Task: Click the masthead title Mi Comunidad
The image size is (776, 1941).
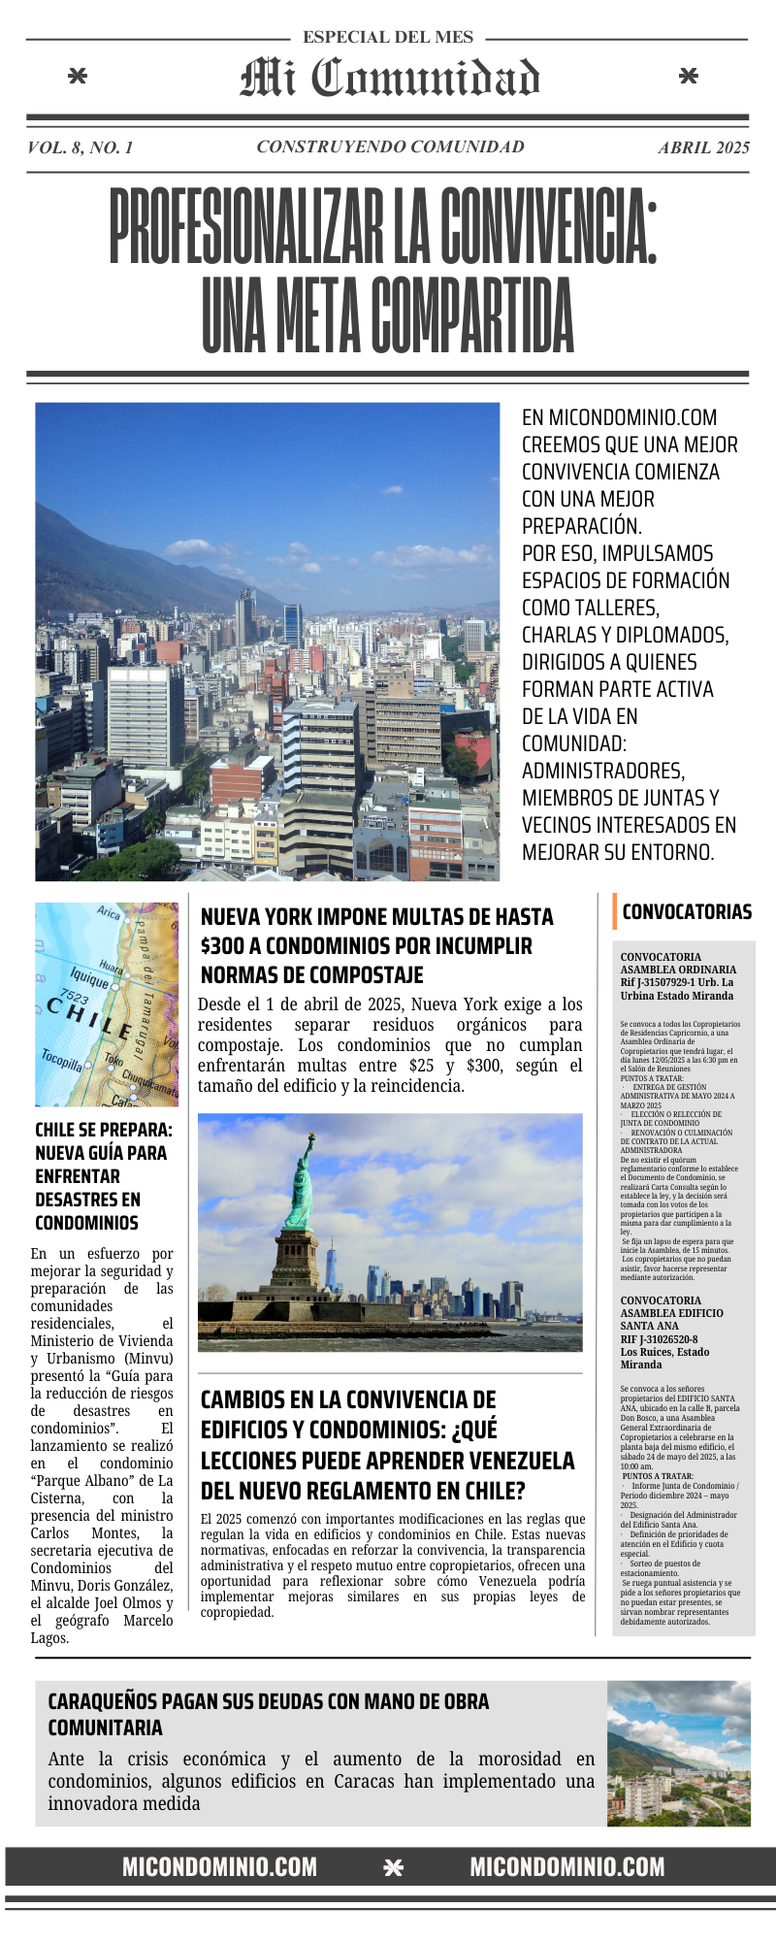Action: point(389,78)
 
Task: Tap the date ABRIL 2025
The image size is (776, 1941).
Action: point(703,148)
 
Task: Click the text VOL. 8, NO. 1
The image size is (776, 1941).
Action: point(81,148)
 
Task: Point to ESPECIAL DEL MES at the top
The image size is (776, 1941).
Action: point(388,37)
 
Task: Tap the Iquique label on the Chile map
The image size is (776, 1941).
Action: point(89,977)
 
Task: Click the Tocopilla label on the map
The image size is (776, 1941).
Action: point(61,1060)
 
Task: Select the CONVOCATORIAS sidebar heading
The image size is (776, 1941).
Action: point(687,911)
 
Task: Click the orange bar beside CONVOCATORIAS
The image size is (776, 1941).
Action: point(614,911)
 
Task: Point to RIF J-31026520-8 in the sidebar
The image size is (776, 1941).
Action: point(659,1339)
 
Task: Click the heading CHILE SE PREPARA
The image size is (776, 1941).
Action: point(103,1130)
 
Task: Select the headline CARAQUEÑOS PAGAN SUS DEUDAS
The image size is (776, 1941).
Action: point(268,1701)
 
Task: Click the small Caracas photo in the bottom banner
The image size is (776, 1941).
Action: point(678,1754)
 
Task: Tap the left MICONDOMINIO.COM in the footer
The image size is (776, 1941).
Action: point(219,1867)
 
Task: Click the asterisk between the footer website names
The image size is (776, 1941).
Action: point(393,1868)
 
